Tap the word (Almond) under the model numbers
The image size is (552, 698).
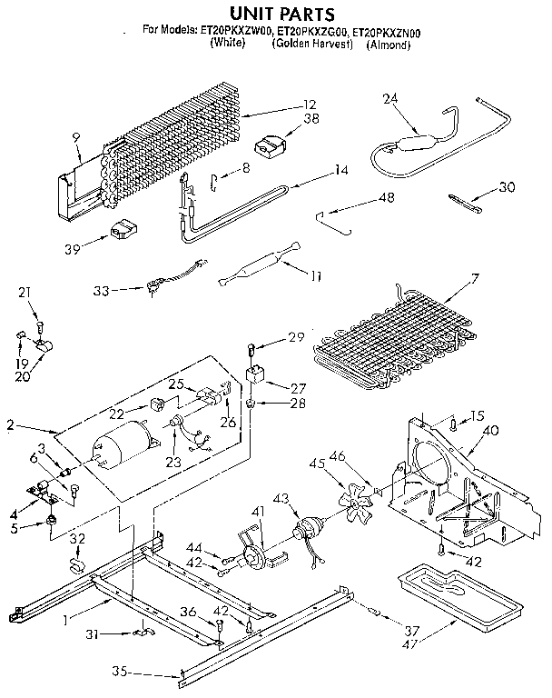pos(389,43)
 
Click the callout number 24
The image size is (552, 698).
pos(390,99)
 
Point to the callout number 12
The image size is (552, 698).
pos(310,104)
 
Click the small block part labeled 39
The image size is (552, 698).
pos(123,232)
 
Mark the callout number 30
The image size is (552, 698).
pos(507,188)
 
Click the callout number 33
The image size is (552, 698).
pos(103,291)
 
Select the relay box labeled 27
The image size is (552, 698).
pos(257,374)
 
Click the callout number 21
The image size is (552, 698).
pos(25,292)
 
